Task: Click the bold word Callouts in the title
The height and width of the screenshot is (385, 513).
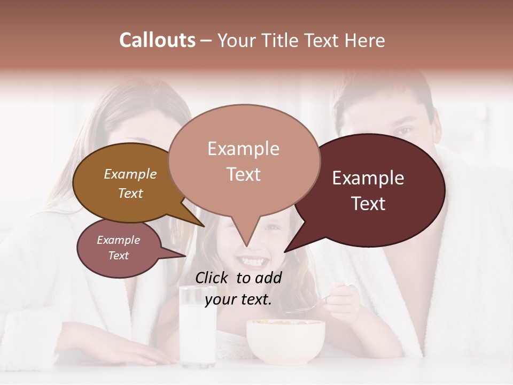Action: (x=157, y=40)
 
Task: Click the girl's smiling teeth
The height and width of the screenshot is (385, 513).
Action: (x=251, y=262)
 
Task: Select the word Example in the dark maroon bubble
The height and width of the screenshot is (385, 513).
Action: (x=368, y=178)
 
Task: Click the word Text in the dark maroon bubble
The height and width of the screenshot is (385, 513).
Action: (x=369, y=204)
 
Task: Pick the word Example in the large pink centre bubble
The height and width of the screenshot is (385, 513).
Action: (x=243, y=149)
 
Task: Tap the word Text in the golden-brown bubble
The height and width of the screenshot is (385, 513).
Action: (x=130, y=193)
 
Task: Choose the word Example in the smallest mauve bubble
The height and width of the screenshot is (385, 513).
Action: (x=118, y=240)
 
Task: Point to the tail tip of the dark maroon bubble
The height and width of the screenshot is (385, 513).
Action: (x=285, y=251)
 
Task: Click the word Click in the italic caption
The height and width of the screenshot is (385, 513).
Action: (x=212, y=278)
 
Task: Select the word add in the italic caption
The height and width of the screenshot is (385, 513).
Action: (x=268, y=278)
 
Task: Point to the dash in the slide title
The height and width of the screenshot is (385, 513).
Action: (x=206, y=41)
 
